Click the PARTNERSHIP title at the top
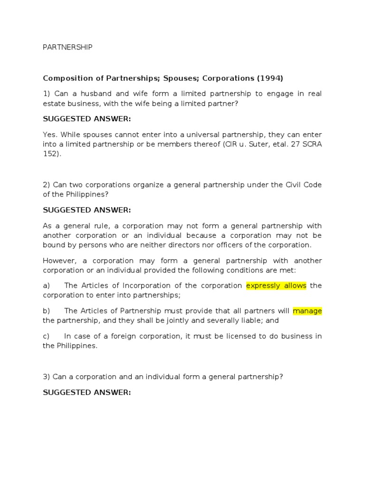[67, 47]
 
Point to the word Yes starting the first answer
[49, 135]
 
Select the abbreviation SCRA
[311, 144]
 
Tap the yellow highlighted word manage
[307, 311]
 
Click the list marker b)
[47, 311]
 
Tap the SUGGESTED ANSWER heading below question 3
[86, 392]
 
